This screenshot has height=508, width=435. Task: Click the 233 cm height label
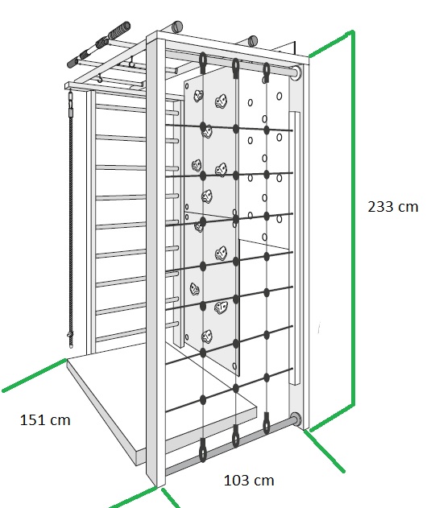point(393,207)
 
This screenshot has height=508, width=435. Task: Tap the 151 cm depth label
point(45,420)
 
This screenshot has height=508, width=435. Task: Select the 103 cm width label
point(249,480)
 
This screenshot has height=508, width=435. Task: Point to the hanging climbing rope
point(70,221)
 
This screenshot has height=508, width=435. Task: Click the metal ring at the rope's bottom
point(70,335)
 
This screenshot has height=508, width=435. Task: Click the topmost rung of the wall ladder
point(137,109)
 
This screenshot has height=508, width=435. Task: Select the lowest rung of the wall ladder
point(137,332)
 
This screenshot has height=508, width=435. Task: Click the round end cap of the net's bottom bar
point(296,419)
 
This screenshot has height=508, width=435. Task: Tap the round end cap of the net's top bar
point(296,72)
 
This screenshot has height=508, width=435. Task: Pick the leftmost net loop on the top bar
point(203,63)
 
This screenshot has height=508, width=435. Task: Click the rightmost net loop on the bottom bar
point(267,423)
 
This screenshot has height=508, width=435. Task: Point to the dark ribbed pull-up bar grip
point(119,30)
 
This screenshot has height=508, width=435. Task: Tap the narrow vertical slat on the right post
point(294,248)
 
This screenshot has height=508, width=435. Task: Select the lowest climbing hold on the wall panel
point(207,337)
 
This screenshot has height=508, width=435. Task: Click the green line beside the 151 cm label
point(35,375)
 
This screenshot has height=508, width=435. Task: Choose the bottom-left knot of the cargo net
point(203,400)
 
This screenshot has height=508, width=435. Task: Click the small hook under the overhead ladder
point(100,78)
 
